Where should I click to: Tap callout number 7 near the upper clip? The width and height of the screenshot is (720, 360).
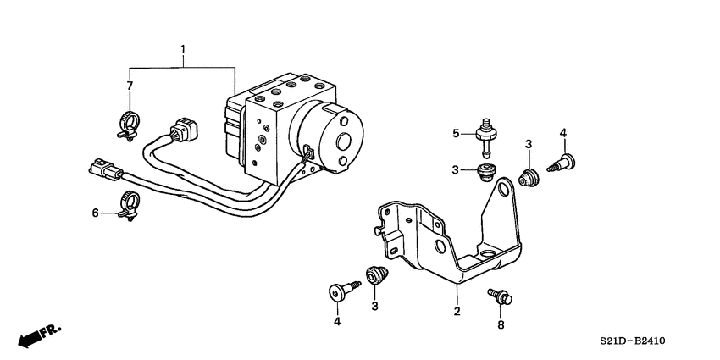click(130, 86)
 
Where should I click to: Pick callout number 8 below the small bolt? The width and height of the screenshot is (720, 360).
click(500, 324)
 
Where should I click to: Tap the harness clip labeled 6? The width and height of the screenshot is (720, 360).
click(130, 206)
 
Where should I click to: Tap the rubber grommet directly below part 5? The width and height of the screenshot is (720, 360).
click(485, 174)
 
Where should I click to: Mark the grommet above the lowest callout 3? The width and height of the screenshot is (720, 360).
click(375, 275)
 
